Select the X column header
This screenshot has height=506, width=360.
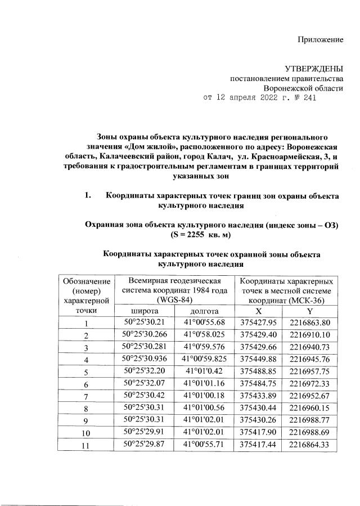tap(258, 311)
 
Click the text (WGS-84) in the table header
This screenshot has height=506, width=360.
tap(175, 299)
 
